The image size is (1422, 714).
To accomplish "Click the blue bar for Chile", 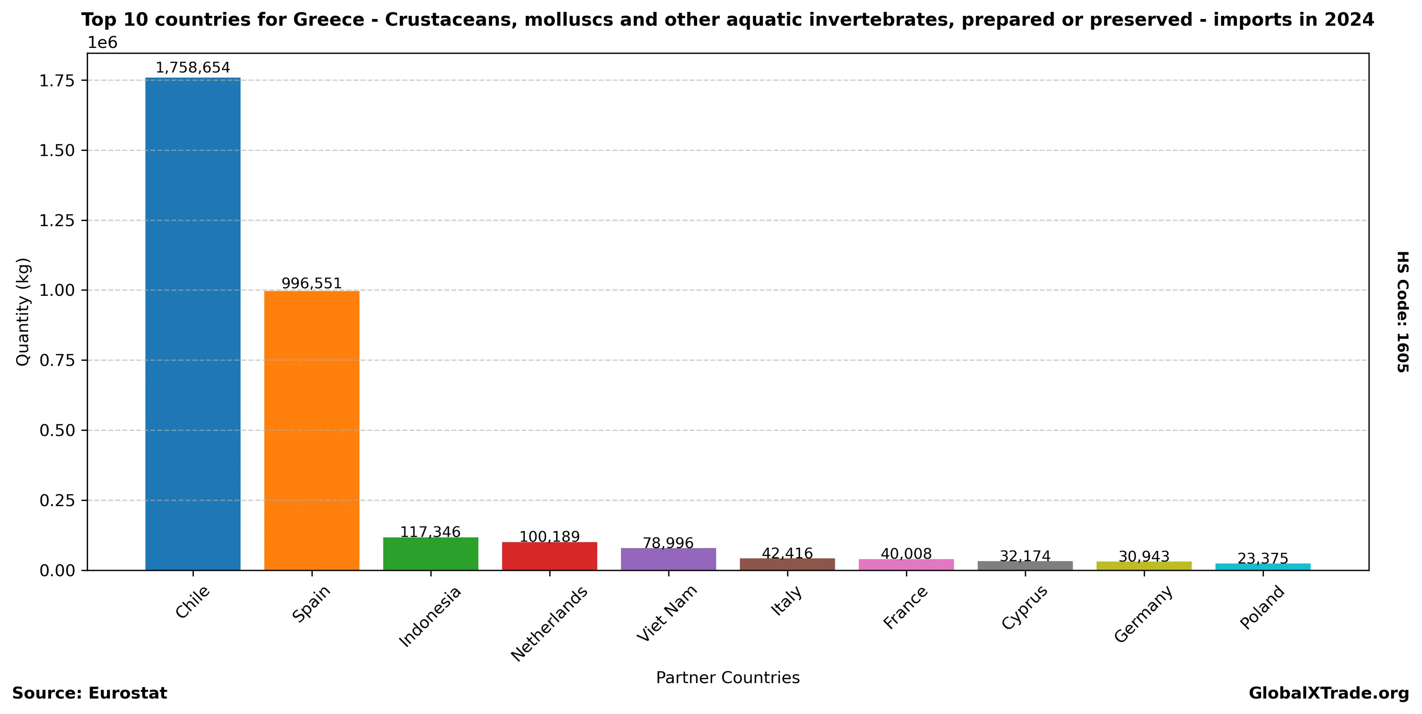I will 192,324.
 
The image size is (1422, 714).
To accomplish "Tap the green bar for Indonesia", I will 431,553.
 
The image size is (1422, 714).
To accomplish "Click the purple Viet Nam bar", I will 668,559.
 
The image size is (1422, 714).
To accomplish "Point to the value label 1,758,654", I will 192,68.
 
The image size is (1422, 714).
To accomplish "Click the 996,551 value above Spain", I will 311,283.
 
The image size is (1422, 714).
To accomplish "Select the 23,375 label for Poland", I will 1263,559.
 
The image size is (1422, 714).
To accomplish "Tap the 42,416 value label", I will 787,553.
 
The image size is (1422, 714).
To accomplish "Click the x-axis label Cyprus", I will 1024,607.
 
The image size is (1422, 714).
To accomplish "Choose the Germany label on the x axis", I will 1143,614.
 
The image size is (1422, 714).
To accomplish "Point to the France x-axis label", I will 905,608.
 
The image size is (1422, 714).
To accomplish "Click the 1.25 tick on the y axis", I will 57,221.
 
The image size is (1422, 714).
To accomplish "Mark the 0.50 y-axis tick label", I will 57,431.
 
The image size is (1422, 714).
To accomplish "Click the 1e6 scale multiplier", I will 103,43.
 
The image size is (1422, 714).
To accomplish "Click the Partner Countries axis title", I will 728,677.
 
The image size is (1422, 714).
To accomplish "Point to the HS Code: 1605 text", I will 1403,312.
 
